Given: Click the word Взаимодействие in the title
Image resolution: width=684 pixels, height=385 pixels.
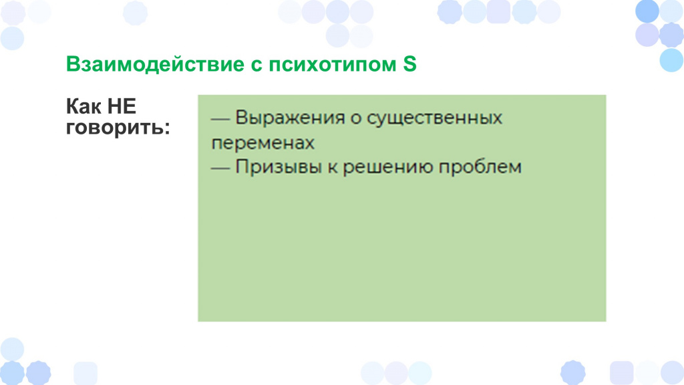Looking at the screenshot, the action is [x=155, y=65].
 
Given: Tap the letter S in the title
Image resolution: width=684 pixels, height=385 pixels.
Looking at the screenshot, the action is [x=409, y=64].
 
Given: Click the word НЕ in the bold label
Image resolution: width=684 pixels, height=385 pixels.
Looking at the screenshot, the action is [x=122, y=106].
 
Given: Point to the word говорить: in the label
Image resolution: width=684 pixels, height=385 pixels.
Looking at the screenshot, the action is [x=118, y=128].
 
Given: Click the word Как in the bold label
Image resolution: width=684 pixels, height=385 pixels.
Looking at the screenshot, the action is [x=84, y=106].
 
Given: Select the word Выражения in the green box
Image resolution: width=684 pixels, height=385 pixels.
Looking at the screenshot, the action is [x=290, y=118].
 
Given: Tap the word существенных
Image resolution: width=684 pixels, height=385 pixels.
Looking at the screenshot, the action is [x=434, y=118].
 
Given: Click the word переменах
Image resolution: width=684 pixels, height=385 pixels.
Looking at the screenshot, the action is [x=263, y=143].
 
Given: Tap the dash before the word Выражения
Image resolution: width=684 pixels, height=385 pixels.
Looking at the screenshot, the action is [x=220, y=120].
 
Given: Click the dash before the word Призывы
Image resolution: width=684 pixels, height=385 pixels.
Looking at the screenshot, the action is [x=220, y=168].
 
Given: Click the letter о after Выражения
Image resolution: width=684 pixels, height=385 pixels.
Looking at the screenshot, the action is [x=356, y=119].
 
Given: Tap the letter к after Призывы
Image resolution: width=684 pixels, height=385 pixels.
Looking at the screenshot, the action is [x=333, y=168].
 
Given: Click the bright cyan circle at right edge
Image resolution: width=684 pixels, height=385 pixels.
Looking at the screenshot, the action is [x=671, y=59].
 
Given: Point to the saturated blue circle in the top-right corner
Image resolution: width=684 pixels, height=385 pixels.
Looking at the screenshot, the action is [x=647, y=11].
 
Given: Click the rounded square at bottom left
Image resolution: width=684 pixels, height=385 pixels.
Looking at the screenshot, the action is [x=85, y=373].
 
